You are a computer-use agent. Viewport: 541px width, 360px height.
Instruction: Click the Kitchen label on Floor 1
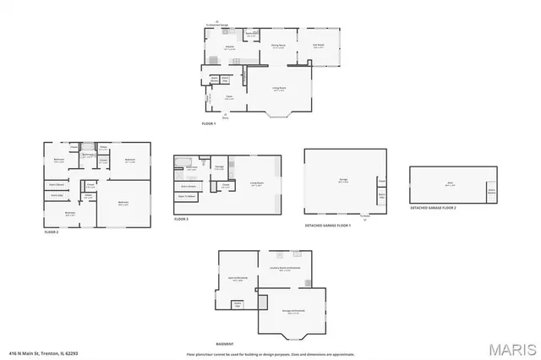click(228, 46)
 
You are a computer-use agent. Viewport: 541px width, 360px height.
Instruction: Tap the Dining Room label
click(276, 46)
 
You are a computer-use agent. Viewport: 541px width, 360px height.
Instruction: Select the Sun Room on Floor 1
click(319, 46)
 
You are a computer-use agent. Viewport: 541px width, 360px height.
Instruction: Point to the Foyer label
click(228, 97)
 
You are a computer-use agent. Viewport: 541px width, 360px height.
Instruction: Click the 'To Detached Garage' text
click(217, 25)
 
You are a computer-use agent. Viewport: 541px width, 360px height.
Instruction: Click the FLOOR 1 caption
click(209, 124)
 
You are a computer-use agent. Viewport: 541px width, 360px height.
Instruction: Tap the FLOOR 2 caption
click(52, 232)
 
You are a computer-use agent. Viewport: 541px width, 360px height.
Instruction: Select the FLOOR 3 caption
click(182, 219)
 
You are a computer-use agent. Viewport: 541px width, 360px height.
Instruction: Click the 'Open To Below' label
click(187, 196)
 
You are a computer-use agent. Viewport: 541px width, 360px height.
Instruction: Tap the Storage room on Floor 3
click(219, 167)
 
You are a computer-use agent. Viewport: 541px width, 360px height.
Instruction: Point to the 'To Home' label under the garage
click(365, 215)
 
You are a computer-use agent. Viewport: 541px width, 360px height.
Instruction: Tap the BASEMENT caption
click(225, 344)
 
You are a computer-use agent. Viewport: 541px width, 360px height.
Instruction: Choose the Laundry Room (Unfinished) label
click(285, 269)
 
